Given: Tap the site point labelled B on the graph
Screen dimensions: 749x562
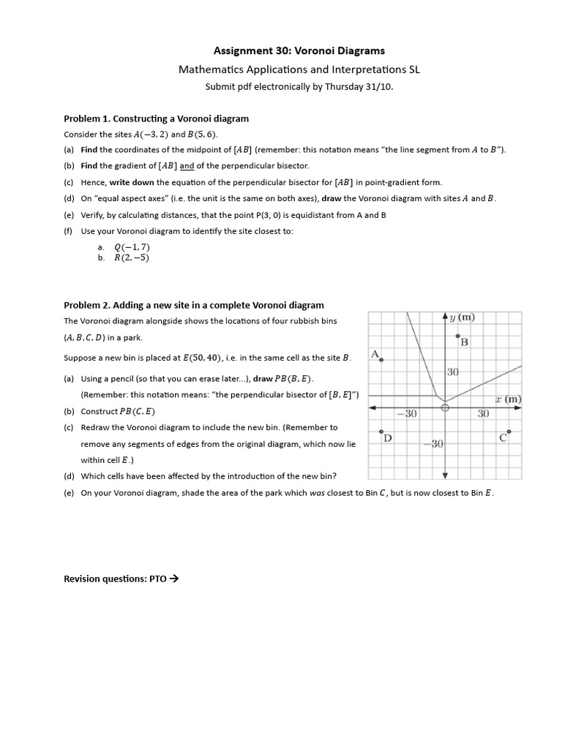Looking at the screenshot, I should point(458,336).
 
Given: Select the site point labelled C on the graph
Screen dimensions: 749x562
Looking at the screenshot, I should point(509,432).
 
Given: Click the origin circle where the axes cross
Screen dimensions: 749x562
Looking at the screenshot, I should point(445,409).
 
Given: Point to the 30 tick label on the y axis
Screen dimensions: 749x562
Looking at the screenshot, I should point(453,372).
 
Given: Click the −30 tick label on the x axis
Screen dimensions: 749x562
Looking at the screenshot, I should point(407,414).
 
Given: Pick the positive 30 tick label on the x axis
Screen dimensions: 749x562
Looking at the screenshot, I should point(483,414).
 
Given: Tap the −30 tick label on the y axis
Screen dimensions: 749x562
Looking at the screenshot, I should point(435,443).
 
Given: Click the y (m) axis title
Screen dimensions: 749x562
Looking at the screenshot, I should point(462,317).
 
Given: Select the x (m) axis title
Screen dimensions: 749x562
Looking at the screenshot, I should point(507,399).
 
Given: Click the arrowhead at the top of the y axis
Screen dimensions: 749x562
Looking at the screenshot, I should point(445,315).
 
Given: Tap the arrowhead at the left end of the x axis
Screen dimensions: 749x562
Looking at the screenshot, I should point(372,407).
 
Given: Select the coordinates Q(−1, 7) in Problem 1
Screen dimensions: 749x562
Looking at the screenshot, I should point(132,246).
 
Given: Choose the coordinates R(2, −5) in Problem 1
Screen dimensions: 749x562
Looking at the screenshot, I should point(132,257).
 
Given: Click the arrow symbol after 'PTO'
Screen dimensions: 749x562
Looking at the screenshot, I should point(173,579).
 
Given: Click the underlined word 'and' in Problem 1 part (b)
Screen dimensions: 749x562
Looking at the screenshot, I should point(187,166).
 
